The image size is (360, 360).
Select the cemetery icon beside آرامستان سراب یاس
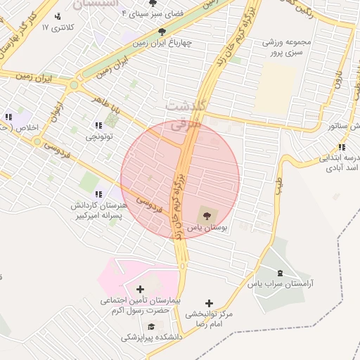click(x=281, y=273)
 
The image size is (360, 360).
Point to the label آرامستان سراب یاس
click(x=281, y=284)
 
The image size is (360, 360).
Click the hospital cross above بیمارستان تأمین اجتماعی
click(x=140, y=289)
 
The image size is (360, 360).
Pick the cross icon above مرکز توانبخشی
click(x=209, y=303)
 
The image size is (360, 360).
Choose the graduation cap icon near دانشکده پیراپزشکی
click(x=151, y=326)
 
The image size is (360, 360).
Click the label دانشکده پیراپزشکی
click(x=150, y=337)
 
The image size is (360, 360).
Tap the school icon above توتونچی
click(x=98, y=125)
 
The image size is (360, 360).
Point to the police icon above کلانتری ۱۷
click(x=58, y=16)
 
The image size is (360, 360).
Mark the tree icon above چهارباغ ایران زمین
click(x=162, y=32)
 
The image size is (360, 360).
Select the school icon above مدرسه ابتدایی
click(x=341, y=147)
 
